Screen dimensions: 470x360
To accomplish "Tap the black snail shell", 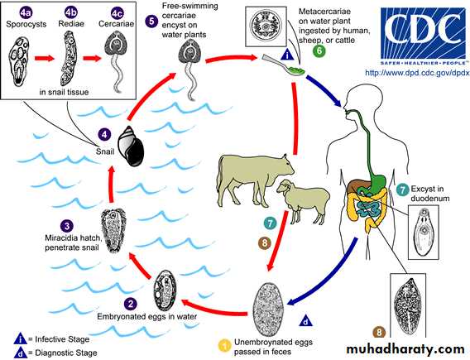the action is [x=130, y=146].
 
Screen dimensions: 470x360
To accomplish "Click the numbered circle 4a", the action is [x=26, y=13].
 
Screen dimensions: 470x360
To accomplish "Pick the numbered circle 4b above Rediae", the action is [x=71, y=12].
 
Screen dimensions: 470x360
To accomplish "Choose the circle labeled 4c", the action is [x=117, y=13].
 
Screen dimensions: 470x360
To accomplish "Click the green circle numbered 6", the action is [x=319, y=50].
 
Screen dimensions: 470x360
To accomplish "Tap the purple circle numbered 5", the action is [x=151, y=22].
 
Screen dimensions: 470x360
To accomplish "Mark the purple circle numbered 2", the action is [x=131, y=304].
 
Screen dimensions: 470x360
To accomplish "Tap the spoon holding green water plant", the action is [x=283, y=65].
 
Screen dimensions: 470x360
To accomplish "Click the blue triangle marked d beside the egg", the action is [x=305, y=321].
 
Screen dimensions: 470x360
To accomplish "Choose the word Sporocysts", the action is [x=26, y=24].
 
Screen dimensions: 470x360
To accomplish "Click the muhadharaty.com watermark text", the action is [x=405, y=349].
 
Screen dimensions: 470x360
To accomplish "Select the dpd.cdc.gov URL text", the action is [x=417, y=73].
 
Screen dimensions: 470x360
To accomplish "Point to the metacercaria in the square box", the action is [x=266, y=26].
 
